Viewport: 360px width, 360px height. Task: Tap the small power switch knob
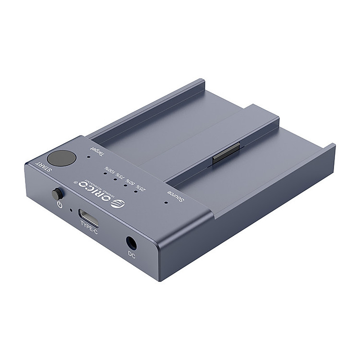[x=57, y=194]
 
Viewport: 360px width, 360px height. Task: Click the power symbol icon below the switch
[x=59, y=205]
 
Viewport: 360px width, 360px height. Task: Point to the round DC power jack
[x=131, y=243]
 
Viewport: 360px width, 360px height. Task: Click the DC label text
[x=132, y=255]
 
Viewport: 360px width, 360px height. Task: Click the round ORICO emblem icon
[x=115, y=203]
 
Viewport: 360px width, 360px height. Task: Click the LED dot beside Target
[x=88, y=156]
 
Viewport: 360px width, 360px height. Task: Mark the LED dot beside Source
[x=166, y=202]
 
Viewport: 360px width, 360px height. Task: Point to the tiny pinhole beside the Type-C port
[x=71, y=209]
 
